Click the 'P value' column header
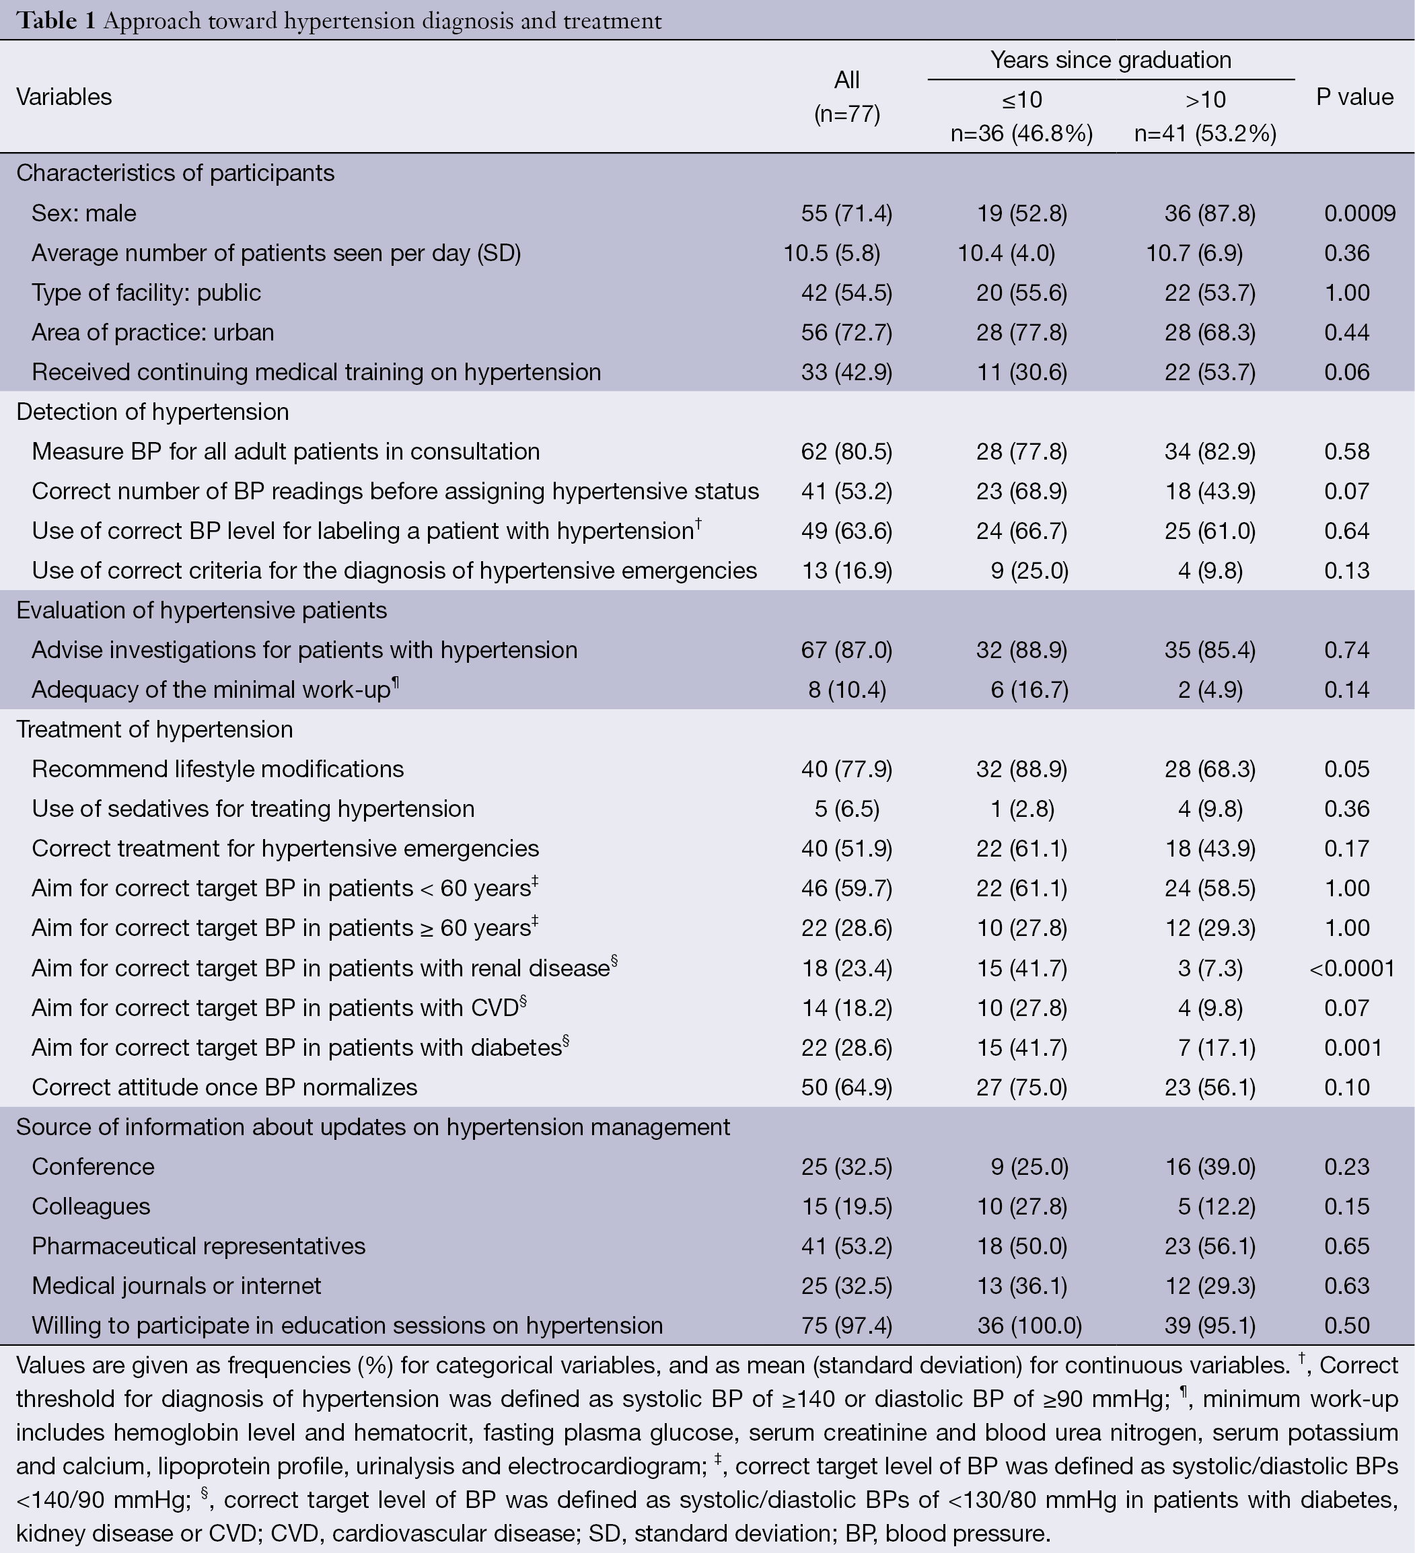1354,97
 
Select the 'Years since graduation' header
1111,60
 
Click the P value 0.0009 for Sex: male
1360,213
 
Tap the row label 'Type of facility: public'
147,293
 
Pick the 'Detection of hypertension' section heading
153,412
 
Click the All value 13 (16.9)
846,571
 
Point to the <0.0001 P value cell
1352,968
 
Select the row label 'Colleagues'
91,1206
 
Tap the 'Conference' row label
94,1167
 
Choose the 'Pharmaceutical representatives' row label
198,1246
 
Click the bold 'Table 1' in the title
57,21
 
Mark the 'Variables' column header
64,97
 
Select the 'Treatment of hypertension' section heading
155,729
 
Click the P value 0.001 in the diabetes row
1352,1048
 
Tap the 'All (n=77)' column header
846,97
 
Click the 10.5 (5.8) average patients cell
832,254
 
